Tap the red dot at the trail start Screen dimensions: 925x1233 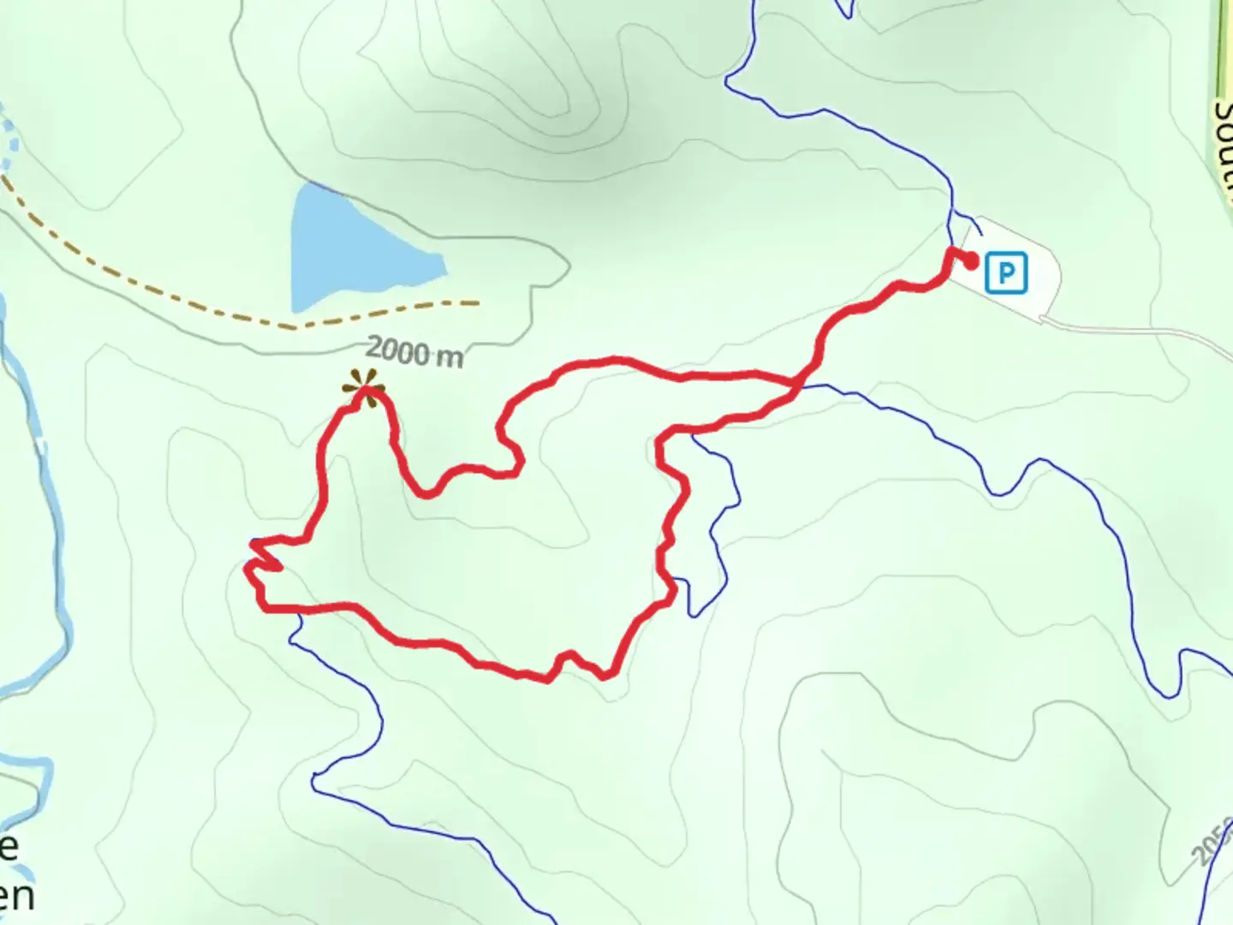tap(972, 260)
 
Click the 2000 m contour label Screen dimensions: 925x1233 tap(414, 352)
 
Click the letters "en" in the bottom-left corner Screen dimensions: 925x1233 tap(17, 898)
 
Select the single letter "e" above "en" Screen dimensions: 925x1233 tap(9, 846)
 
